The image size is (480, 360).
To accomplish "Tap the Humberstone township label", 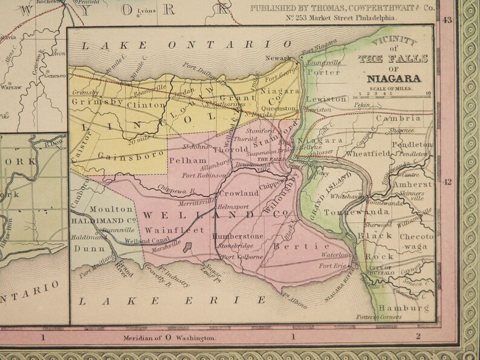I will pyautogui.click(x=240, y=237).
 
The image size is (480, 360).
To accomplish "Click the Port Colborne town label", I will pyautogui.click(x=242, y=257).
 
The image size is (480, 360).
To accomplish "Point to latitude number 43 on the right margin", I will pyautogui.click(x=448, y=20).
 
